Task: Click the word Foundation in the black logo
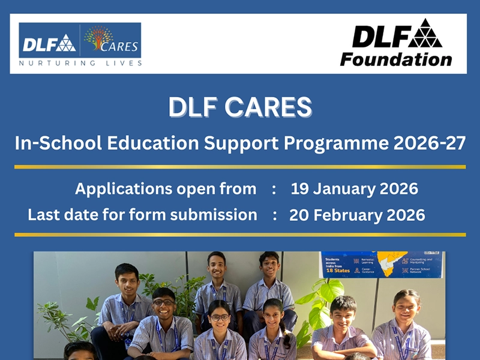tap(395, 59)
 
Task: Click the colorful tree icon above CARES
tap(98, 37)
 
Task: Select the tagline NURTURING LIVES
tap(80, 62)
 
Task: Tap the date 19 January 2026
tap(354, 188)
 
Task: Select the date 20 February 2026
tap(357, 215)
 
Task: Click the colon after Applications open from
tap(274, 189)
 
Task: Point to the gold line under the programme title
tap(240, 166)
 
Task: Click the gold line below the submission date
tap(240, 235)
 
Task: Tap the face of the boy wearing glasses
tap(163, 306)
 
